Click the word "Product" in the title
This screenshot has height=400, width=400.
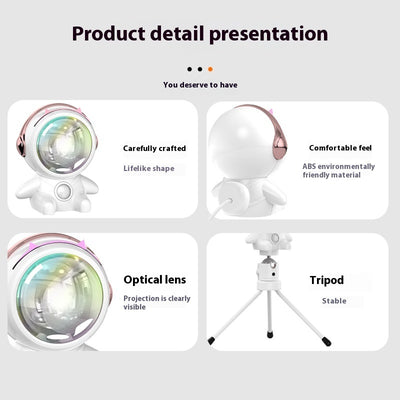[111, 33]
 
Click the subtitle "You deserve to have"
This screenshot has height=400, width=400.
[200, 85]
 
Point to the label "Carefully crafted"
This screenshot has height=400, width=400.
[154, 148]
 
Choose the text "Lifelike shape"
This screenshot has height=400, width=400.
[149, 168]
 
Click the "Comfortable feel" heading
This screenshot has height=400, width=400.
[339, 148]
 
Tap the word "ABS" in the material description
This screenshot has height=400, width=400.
[311, 166]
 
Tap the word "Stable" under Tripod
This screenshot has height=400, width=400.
[334, 300]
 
